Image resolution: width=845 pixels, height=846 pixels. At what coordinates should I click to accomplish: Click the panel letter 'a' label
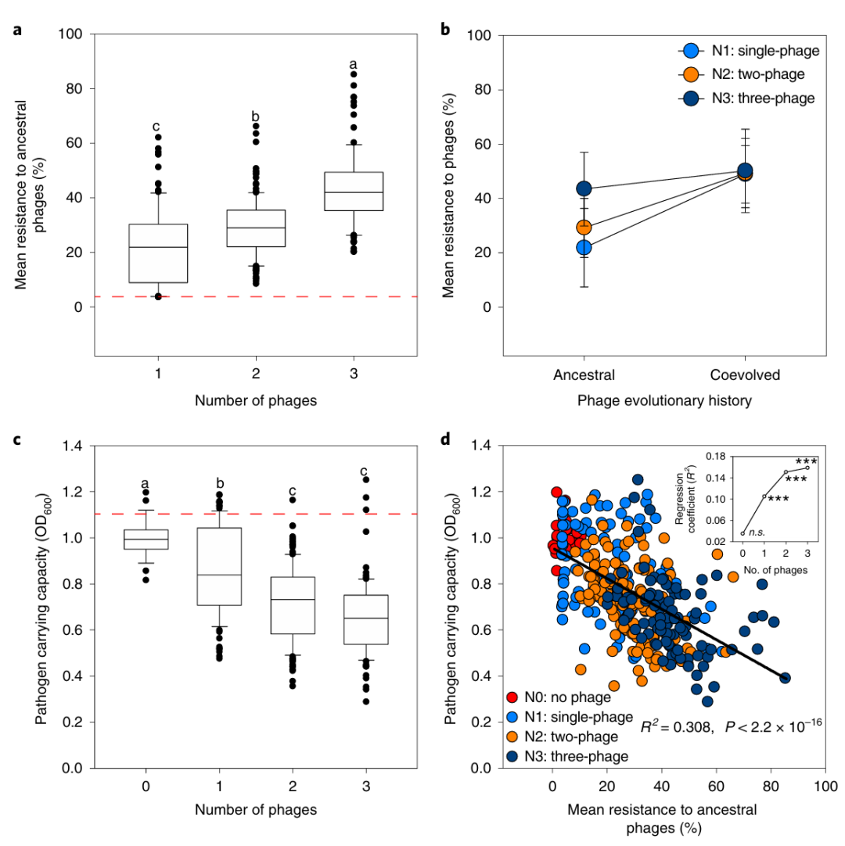click(x=17, y=31)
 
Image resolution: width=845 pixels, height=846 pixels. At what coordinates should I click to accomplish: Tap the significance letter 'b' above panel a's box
click(x=255, y=117)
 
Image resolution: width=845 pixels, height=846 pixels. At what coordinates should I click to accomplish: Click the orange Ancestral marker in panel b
click(x=583, y=228)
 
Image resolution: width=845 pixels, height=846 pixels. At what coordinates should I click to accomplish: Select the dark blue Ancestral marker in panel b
click(x=583, y=188)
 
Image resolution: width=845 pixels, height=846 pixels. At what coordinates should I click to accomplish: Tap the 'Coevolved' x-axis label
click(x=745, y=375)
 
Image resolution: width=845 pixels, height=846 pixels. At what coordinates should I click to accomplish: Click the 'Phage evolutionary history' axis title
click(x=664, y=400)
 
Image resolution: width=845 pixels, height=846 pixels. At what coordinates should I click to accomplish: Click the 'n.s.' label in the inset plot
click(x=755, y=532)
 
